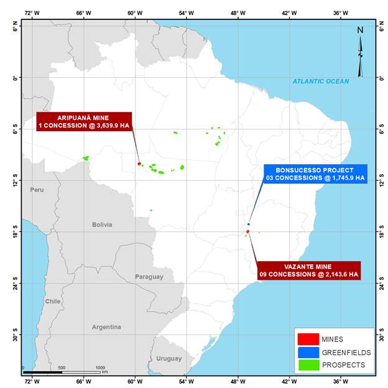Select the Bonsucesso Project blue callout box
pos(315,174)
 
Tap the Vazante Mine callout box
pos(308,270)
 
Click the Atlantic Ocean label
pos(321,81)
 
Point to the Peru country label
pos(37,189)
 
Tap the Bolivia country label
pos(102,224)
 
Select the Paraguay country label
pos(149,277)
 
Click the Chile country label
pos(53,301)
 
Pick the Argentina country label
pos(106,327)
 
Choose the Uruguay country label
pos(169,358)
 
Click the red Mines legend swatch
pos(308,339)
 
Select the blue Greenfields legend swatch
pos(308,352)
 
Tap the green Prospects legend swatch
pos(308,365)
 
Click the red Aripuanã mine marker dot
pos(139,164)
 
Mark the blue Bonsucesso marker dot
pos(248,224)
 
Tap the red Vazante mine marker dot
pos(247,231)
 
